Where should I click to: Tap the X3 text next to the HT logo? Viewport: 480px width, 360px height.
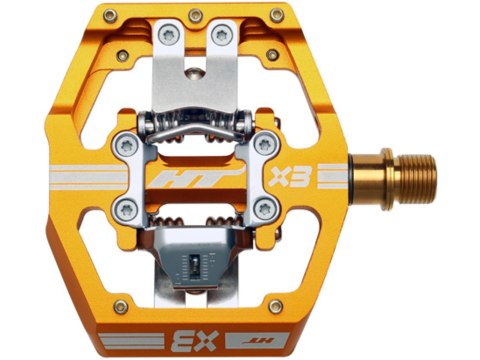coord(285,180)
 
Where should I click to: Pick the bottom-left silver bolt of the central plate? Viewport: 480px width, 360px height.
coord(120,210)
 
